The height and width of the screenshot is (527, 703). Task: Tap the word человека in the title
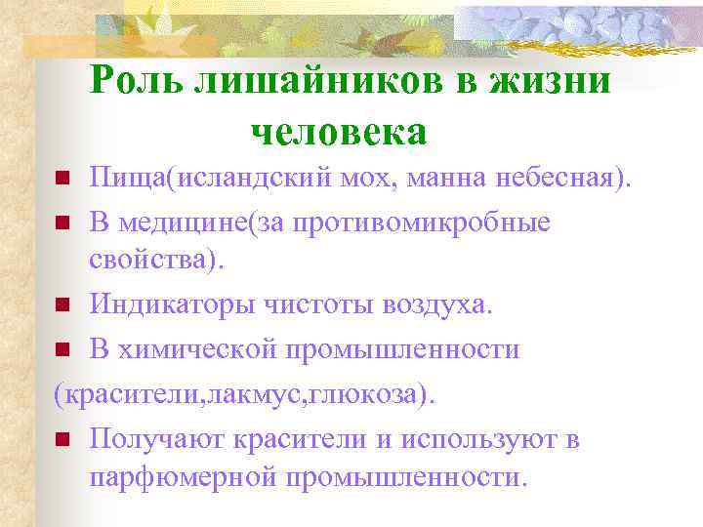point(339,130)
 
